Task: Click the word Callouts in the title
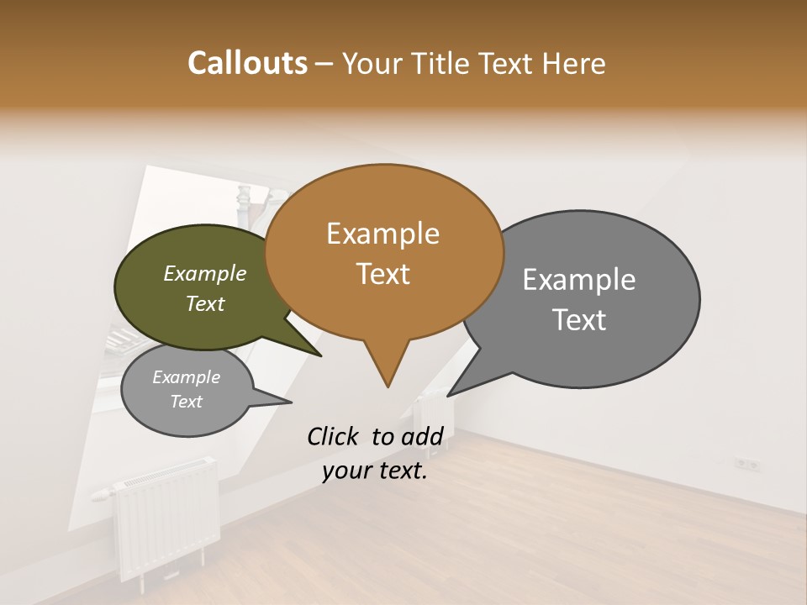tap(247, 63)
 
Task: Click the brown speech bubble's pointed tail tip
tap(388, 387)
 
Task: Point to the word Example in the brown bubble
tap(382, 234)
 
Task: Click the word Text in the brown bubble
tap(382, 274)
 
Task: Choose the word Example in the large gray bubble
tap(579, 280)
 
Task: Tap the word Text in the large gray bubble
tap(579, 320)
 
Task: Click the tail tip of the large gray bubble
tap(448, 395)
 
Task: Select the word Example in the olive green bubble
tap(204, 274)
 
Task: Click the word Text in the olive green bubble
tap(204, 304)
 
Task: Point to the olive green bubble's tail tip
tap(322, 355)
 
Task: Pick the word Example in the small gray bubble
tap(186, 377)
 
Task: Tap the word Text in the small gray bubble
tap(186, 402)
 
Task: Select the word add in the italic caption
tap(421, 436)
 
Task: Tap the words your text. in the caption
tap(375, 471)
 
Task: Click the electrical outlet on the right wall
tap(747, 464)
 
